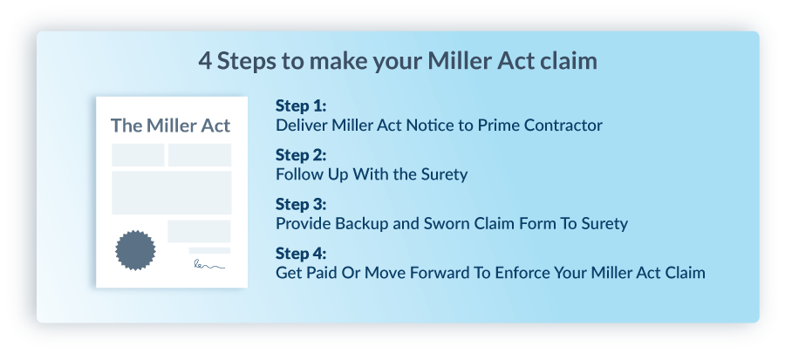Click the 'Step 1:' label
point(301,105)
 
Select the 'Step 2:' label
point(301,155)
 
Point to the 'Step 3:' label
point(301,204)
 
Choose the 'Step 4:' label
point(301,254)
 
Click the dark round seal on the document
point(135,250)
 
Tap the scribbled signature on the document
point(209,264)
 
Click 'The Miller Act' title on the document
point(171,126)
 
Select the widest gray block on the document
point(172,193)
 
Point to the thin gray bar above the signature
point(209,250)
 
